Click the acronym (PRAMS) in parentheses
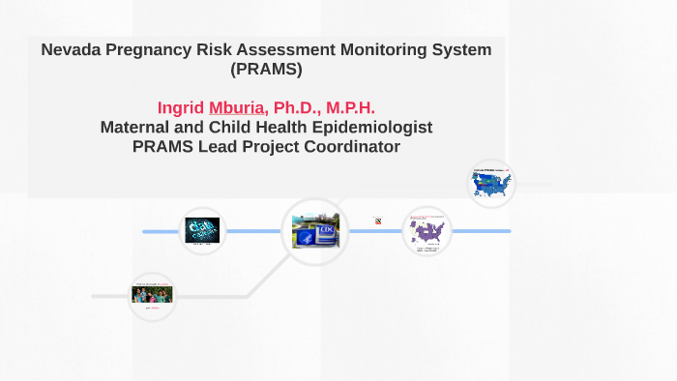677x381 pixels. [x=266, y=69]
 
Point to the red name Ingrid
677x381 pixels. [x=180, y=107]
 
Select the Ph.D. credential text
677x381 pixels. [x=300, y=107]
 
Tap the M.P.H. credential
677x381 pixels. [x=353, y=107]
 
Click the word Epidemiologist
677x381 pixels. [x=372, y=127]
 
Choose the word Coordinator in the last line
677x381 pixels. [x=350, y=146]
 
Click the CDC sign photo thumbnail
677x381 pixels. [x=315, y=231]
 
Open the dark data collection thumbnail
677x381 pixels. [x=202, y=229]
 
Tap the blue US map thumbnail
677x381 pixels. [x=491, y=183]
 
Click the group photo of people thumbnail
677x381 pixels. [x=152, y=293]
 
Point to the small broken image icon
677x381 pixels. [x=377, y=220]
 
